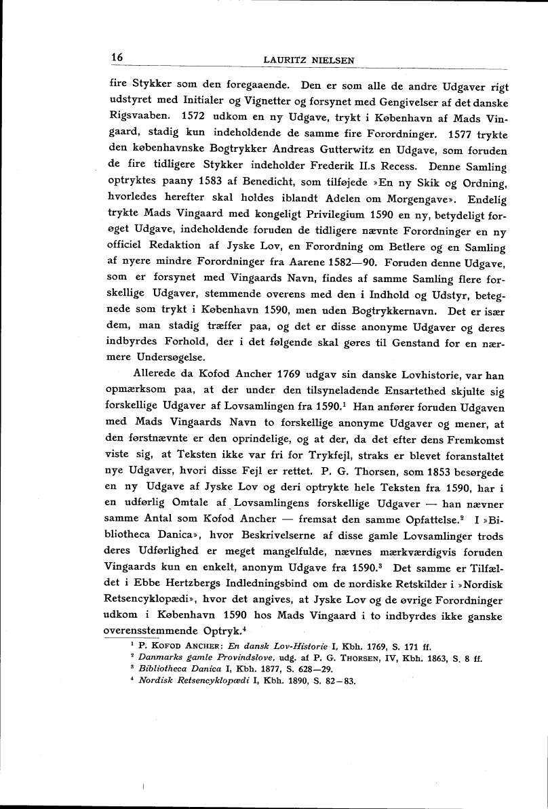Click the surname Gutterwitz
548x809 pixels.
308,150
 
